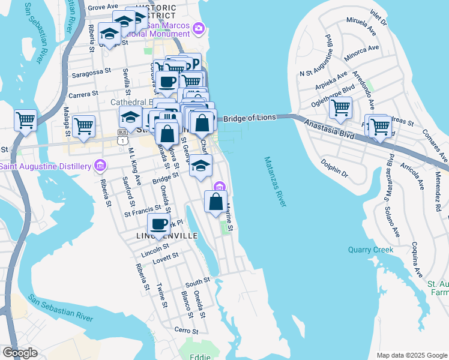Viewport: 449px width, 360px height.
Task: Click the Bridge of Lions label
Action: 250,118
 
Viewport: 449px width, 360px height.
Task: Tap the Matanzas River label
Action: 274,182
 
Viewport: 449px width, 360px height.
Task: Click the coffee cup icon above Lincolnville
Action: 158,225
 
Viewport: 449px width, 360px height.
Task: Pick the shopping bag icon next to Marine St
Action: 215,202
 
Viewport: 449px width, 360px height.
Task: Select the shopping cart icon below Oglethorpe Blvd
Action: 340,109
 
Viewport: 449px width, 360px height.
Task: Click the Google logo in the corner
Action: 20,353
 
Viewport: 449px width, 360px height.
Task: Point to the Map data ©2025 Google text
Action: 412,355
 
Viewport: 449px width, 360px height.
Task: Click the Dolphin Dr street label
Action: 334,167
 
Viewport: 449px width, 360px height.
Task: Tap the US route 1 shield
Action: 123,140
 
